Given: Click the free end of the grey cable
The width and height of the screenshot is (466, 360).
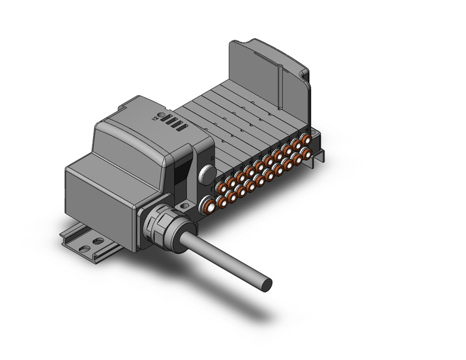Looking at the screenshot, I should (x=266, y=284).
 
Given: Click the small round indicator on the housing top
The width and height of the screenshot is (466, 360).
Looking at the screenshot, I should (x=161, y=117).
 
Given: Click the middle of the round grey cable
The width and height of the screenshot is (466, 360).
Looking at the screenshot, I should (x=221, y=255).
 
